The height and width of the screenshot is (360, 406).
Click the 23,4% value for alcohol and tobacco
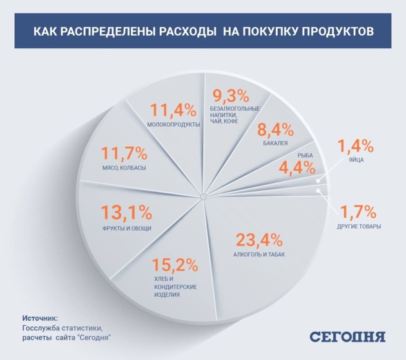tap(258, 240)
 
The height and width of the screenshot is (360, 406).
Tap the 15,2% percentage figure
tap(175, 265)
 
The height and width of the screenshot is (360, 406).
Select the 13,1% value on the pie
tap(127, 212)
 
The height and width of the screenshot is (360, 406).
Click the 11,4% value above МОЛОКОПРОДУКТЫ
tap(173, 109)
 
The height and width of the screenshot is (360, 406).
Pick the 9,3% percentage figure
tap(230, 96)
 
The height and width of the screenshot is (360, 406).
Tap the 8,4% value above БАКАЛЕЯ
tap(275, 129)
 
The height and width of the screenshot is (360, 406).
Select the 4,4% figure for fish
tap(297, 168)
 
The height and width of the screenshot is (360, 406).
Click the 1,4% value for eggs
tap(356, 144)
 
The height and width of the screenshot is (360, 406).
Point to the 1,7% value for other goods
tap(359, 211)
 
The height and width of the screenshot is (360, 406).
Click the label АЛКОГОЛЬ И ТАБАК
tap(258, 255)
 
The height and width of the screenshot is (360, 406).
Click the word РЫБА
tap(305, 155)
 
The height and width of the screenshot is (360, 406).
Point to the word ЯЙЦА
tap(356, 159)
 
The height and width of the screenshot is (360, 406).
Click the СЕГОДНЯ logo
tap(347, 337)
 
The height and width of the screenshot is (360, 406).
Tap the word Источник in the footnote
tap(41, 318)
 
